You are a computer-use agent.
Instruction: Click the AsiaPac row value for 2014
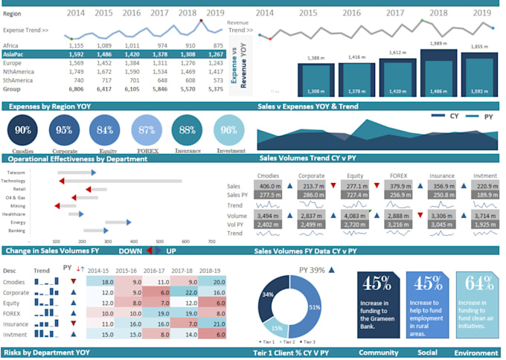(x=76, y=54)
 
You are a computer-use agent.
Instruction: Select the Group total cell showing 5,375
(x=214, y=89)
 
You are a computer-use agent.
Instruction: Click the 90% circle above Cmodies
(x=23, y=132)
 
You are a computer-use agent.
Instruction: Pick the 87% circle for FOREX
(x=147, y=132)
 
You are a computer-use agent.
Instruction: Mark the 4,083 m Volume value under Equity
(x=356, y=216)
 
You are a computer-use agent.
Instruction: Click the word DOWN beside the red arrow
(x=129, y=251)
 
